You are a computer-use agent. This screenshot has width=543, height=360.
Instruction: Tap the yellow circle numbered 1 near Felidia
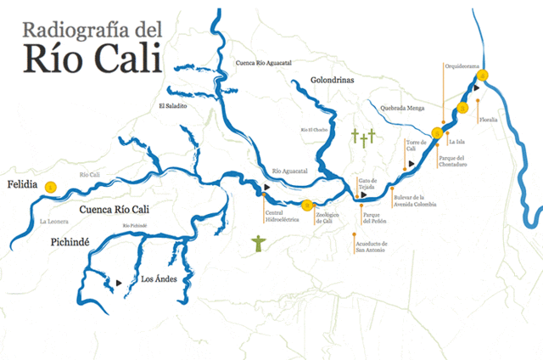pos(50,187)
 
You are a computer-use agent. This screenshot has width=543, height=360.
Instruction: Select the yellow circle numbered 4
pos(483,76)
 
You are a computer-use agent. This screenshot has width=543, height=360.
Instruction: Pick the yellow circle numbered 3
pos(462,108)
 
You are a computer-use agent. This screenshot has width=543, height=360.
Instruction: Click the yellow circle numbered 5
pos(437,132)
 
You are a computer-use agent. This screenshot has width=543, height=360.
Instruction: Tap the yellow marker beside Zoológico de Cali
pos(307,205)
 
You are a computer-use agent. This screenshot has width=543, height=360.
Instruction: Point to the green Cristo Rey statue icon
pos(259,245)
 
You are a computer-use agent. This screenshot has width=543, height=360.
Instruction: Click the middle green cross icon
pos(363,138)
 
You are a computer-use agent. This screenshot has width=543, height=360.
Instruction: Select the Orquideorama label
pos(463,65)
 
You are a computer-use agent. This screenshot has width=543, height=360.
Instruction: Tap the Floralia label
pos(488,120)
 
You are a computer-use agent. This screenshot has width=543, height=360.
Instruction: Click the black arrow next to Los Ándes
pos(119,282)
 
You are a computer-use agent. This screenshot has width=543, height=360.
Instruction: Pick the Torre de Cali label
pos(414,145)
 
